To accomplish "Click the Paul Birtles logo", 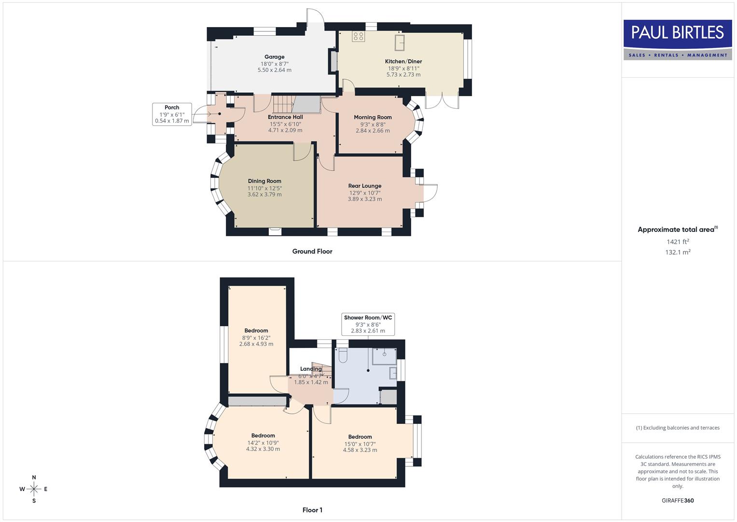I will pos(677,40).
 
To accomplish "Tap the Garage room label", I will pos(274,57).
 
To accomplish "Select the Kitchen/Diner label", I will pos(403,61).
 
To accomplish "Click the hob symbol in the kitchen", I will pos(358,36).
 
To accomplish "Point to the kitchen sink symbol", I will pos(399,43).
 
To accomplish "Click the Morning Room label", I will pos(373,117).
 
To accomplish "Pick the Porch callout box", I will pos(172,115).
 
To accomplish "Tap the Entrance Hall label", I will pos(285,117).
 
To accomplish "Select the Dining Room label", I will pos(264,181).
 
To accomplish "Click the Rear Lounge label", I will pos(364,186).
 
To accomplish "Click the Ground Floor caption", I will pos(312,251).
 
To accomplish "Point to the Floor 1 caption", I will pos(312,510).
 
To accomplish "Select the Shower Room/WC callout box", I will pos(368,324).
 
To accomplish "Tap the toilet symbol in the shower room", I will pos(343,356).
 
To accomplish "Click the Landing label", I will pos(311,369).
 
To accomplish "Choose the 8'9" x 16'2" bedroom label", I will pos(256,331).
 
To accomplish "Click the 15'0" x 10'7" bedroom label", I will pos(360,437).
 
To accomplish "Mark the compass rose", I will pos(34,489).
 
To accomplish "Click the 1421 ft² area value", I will pos(678,242).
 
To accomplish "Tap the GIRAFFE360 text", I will pos(678,500).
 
